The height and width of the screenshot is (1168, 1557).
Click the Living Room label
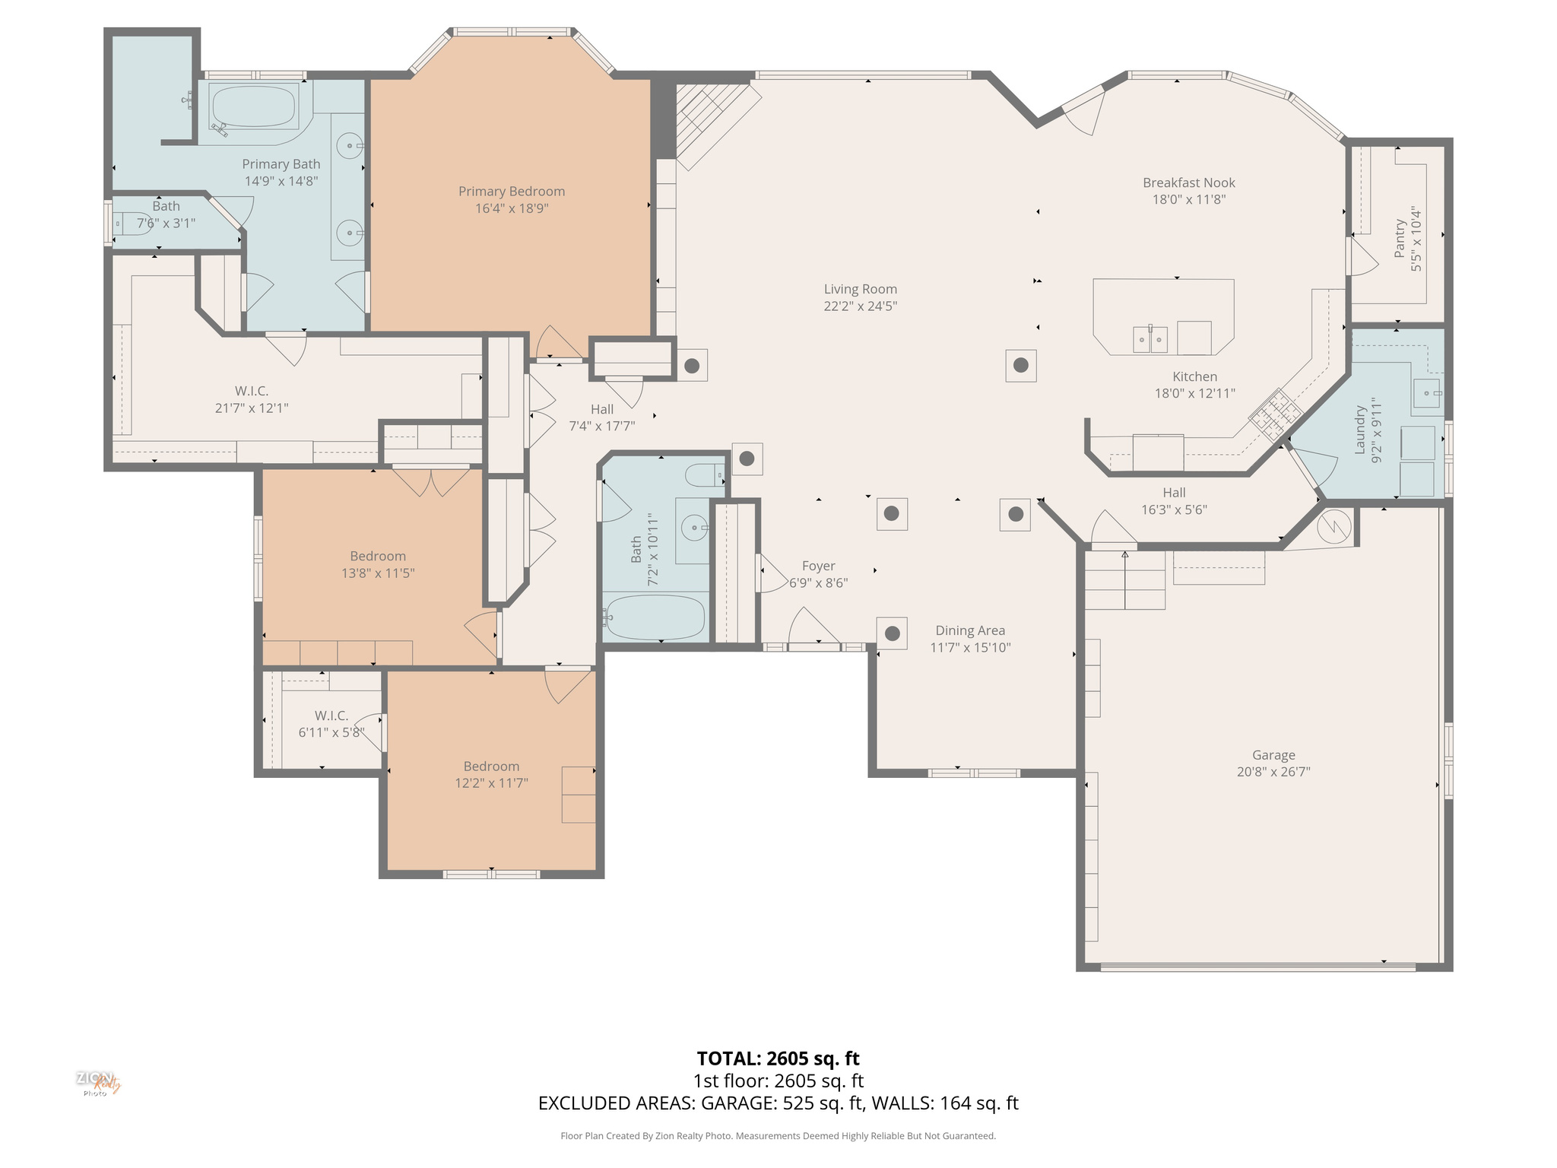(860, 289)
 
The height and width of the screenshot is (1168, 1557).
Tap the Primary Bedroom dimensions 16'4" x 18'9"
(512, 208)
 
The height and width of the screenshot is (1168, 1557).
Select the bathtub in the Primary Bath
(252, 106)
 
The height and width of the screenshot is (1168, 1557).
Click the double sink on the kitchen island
(1150, 339)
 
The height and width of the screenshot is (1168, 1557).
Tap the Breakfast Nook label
(1188, 182)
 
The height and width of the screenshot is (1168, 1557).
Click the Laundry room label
(1360, 430)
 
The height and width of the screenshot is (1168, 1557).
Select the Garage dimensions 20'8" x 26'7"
(1273, 772)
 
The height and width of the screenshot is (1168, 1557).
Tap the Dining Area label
(969, 630)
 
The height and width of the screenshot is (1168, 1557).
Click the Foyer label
(818, 566)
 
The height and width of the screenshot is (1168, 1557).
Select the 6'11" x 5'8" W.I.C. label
(331, 716)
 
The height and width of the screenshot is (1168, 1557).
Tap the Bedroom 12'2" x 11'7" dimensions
(491, 783)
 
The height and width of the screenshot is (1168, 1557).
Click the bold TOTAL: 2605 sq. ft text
(778, 1058)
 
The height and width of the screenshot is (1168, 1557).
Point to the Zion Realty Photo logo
(97, 1083)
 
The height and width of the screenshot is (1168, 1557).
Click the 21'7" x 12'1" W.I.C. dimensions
(251, 408)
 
